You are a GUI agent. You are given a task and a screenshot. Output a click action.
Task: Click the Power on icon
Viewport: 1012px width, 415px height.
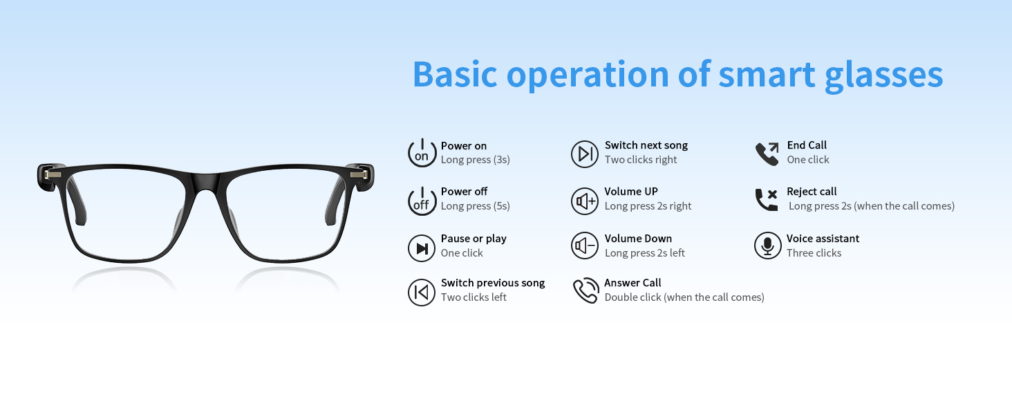point(422,153)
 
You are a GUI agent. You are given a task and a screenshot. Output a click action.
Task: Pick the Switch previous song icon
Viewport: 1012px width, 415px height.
point(422,292)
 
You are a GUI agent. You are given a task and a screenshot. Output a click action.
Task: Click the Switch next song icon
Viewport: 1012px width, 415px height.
point(585,154)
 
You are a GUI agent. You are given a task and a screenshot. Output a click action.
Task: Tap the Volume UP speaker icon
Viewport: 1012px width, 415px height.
point(585,201)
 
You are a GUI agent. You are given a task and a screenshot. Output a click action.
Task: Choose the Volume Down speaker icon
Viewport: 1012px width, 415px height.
point(585,246)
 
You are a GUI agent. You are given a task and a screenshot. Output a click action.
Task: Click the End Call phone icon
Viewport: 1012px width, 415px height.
point(767,154)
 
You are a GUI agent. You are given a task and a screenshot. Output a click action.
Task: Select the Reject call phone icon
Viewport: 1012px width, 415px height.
point(767,200)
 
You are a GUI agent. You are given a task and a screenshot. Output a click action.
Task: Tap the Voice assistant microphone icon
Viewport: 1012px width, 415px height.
point(767,246)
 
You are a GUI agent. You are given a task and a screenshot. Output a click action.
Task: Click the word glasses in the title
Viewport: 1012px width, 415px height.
point(884,75)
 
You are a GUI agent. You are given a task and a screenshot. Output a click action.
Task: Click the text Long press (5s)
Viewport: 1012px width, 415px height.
point(476,206)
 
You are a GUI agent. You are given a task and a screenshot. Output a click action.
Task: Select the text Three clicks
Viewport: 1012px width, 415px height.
point(814,253)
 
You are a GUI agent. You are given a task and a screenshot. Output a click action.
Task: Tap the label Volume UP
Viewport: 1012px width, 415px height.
point(631,192)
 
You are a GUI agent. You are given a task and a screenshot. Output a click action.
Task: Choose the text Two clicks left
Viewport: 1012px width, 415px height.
point(474,297)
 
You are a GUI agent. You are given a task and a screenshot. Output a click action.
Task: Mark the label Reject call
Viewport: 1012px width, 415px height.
point(812,192)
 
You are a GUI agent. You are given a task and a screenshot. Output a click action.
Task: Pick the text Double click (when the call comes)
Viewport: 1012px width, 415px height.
point(684,297)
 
